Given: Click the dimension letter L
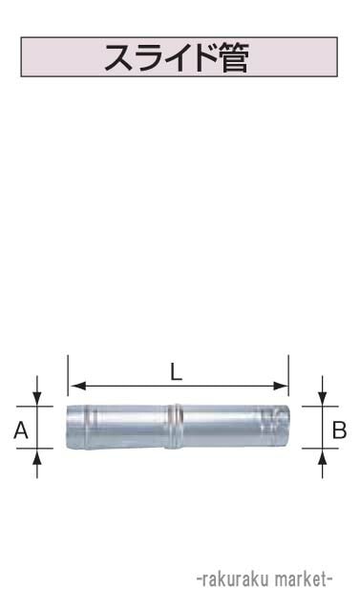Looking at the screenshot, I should (x=177, y=373).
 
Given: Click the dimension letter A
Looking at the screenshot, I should (x=20, y=431).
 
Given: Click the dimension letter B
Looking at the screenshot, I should (x=338, y=430).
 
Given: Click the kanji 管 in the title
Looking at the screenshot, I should (x=232, y=58).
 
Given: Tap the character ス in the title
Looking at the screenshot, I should (x=121, y=58).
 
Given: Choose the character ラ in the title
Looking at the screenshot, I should (x=148, y=58).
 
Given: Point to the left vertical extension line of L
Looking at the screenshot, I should (x=68, y=377).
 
